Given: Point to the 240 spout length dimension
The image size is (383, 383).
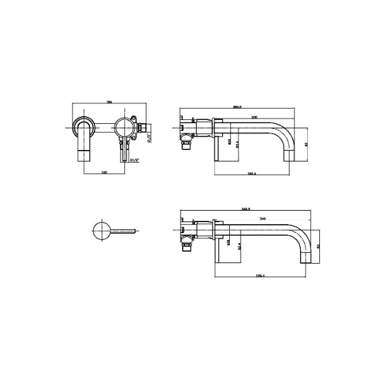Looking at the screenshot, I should pos(262,219).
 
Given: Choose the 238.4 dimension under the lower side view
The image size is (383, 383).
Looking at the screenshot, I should pos(260,276).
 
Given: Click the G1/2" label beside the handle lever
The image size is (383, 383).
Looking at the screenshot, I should pos(134,161).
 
